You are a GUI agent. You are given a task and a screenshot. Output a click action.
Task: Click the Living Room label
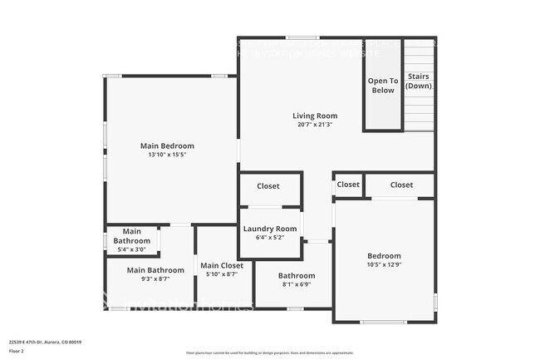point(315,116)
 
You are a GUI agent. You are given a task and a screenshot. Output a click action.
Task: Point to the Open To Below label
point(383,86)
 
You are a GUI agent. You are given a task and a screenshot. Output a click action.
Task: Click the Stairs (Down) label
point(418,81)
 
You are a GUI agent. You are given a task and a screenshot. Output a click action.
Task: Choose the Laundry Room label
point(269,229)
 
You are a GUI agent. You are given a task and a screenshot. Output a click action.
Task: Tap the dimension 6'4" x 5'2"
point(269,238)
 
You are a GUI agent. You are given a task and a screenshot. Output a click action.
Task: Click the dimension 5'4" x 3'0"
point(132,249)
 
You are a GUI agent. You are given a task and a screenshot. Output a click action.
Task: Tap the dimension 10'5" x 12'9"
point(384,265)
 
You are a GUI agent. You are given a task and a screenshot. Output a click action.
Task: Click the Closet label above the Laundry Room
point(268,186)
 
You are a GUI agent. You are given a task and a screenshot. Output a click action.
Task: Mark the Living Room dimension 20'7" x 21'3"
point(315,125)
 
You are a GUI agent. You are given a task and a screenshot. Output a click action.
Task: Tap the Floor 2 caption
point(17,352)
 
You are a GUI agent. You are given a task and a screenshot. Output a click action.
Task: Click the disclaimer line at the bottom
point(269,353)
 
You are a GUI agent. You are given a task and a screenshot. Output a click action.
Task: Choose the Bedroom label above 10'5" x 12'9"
point(384,256)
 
